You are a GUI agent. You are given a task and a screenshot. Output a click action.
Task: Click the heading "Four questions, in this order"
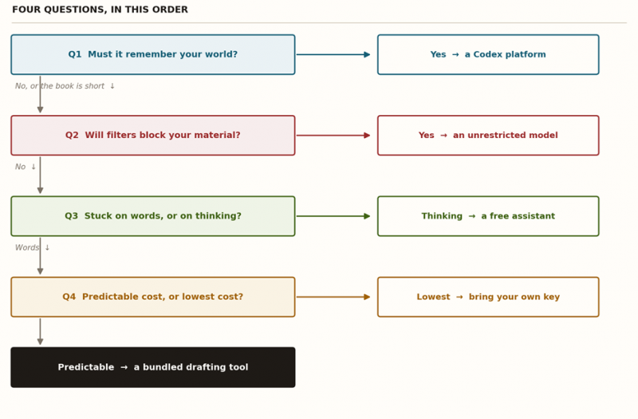[100, 10]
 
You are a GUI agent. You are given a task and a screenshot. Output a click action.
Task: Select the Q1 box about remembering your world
[153, 54]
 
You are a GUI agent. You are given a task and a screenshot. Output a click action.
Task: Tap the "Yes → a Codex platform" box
[488, 54]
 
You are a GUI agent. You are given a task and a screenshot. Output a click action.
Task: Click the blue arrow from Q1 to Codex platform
[333, 54]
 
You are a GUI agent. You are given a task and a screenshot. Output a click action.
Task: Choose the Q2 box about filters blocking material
[153, 135]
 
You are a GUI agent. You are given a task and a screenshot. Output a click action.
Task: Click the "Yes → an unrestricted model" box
[488, 135]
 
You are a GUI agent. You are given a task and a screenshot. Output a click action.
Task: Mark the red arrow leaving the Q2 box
[333, 135]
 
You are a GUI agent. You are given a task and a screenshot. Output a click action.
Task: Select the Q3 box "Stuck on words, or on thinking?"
[153, 216]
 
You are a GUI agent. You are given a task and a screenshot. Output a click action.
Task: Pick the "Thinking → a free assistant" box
[488, 216]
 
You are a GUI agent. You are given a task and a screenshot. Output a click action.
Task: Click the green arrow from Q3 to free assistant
[333, 216]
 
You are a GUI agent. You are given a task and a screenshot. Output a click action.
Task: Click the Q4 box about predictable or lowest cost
[153, 297]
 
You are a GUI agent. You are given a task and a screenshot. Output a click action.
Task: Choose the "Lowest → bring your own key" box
[488, 297]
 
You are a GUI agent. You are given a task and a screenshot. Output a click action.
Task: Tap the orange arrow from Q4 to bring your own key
[333, 297]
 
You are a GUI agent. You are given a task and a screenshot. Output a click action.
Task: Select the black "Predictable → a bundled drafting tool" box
[153, 367]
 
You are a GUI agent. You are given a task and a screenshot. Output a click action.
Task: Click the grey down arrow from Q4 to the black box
[41, 331]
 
